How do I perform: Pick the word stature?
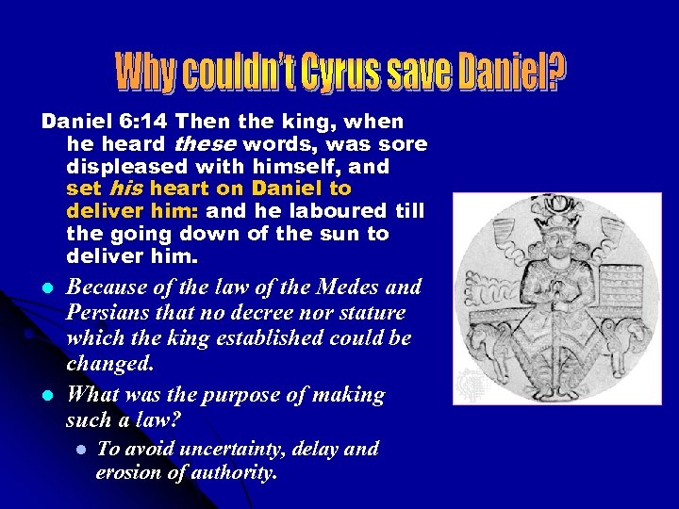coord(371,312)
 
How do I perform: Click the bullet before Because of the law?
coord(46,287)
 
